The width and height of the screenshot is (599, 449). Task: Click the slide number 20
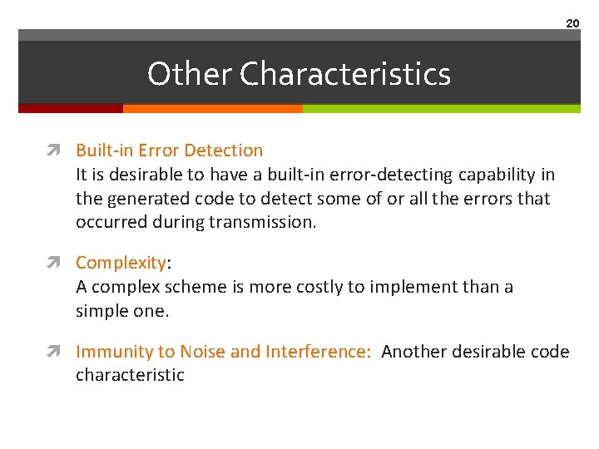tap(572, 23)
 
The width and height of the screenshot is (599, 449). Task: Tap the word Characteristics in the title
tap(345, 74)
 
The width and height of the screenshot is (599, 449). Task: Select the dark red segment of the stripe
tap(71, 108)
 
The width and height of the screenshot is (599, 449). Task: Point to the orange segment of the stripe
tap(212, 108)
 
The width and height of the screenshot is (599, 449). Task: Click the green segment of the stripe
tap(441, 108)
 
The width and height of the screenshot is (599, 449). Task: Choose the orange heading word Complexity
tap(121, 263)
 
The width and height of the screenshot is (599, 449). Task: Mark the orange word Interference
tap(318, 352)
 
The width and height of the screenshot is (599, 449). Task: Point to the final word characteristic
tap(130, 375)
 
